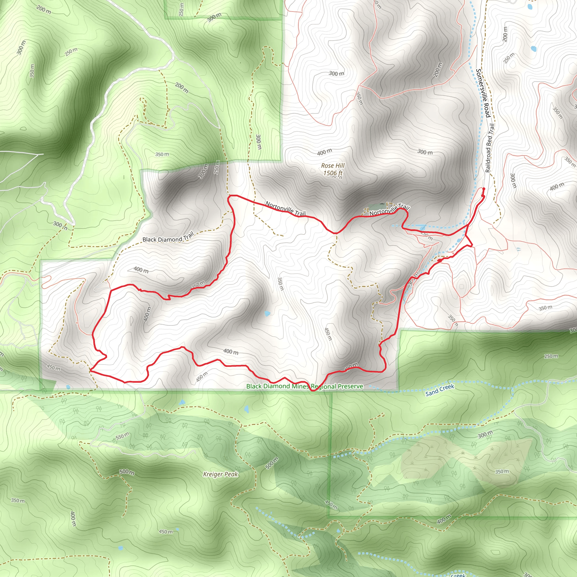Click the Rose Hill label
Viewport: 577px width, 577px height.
(x=333, y=165)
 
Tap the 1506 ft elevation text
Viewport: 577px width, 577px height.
(x=333, y=173)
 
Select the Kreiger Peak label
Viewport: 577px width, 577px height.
(x=220, y=474)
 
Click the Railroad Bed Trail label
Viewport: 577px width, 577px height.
(x=489, y=148)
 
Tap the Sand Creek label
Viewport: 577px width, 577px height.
(x=440, y=390)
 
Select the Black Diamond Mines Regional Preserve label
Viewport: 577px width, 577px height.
(x=305, y=387)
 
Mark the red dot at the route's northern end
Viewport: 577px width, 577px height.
(x=483, y=189)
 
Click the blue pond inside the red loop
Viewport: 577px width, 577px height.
(x=267, y=313)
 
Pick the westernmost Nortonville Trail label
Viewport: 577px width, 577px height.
(x=285, y=208)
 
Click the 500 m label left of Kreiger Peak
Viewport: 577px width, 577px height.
(x=127, y=472)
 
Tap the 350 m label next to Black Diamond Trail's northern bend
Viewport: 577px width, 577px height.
(x=162, y=154)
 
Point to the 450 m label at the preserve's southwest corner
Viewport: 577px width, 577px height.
(x=54, y=368)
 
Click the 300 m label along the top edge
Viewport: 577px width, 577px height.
(x=214, y=17)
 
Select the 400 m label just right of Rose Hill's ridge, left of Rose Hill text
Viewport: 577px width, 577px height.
(x=324, y=152)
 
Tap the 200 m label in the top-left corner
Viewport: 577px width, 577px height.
(x=44, y=10)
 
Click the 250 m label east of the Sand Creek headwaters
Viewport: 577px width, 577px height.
(x=551, y=356)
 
